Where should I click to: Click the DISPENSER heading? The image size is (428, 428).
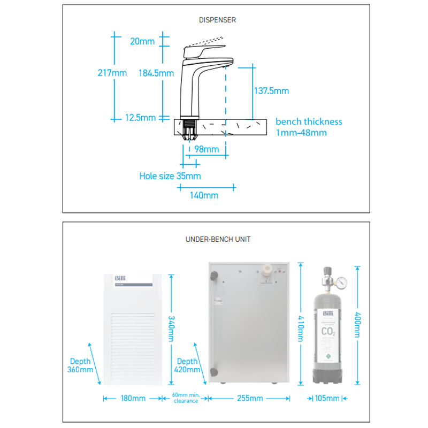218,20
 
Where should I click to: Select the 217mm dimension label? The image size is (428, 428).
111,73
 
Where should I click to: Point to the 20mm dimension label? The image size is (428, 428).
142,41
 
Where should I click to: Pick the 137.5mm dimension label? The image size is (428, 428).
271,91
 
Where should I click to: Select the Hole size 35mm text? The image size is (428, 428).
170,175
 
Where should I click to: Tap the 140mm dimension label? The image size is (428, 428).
204,196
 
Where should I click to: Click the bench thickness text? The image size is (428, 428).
309,121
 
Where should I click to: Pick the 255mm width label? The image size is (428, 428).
249,398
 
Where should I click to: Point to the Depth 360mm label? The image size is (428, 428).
80,365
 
